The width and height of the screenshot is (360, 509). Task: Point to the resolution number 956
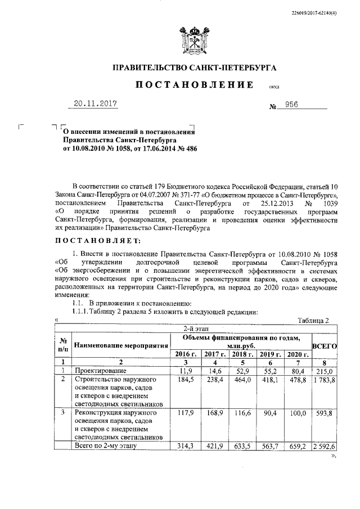coord(307,105)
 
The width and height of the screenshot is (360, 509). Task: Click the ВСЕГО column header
coord(324,346)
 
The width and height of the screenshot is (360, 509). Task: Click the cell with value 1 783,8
coord(324,380)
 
